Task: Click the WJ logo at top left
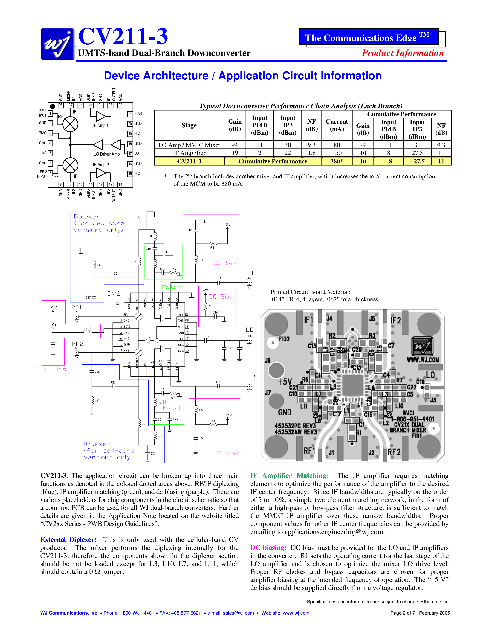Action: click(x=57, y=44)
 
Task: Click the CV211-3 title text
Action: click(x=123, y=37)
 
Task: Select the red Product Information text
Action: click(x=403, y=53)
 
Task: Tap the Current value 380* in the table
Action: click(x=337, y=161)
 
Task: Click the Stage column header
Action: click(x=189, y=125)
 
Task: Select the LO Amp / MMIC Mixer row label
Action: click(x=189, y=145)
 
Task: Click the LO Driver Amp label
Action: click(x=106, y=154)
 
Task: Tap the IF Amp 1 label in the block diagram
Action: click(x=101, y=125)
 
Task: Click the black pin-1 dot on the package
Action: click(x=52, y=106)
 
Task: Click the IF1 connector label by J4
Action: click(x=249, y=273)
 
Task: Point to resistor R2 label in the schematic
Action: click(x=212, y=247)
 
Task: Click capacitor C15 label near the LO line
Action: click(x=206, y=336)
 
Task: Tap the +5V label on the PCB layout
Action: click(x=284, y=382)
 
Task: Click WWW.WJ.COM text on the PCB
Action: click(x=423, y=360)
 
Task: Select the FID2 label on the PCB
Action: click(x=284, y=339)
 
